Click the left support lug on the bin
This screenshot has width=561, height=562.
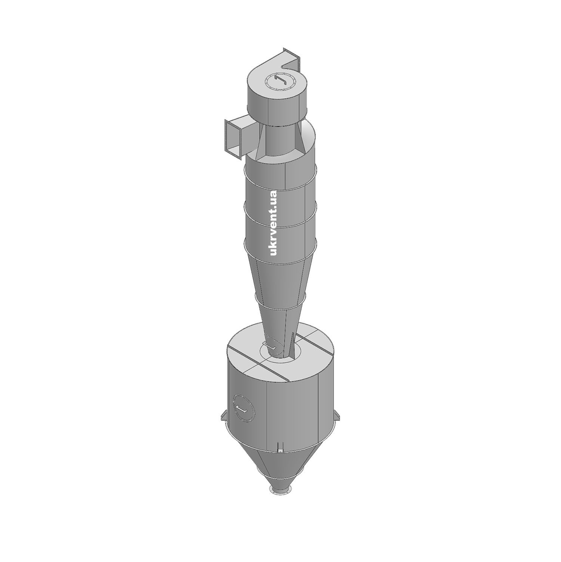pyautogui.click(x=224, y=417)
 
